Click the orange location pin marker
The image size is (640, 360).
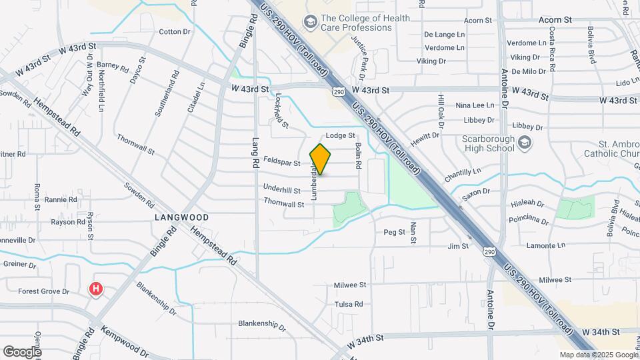(x=321, y=159)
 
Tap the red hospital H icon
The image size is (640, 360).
(x=97, y=289)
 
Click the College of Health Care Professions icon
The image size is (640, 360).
(x=310, y=23)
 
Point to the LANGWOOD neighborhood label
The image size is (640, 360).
(x=182, y=217)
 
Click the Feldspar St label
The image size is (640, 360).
(x=282, y=160)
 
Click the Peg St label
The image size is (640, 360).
(x=395, y=232)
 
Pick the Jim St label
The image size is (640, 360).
(x=458, y=246)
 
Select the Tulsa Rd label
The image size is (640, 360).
(x=349, y=304)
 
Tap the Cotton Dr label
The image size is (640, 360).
(x=175, y=31)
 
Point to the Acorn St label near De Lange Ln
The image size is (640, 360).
(x=477, y=21)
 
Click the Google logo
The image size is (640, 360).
(x=21, y=351)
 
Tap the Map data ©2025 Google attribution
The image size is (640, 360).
(x=599, y=355)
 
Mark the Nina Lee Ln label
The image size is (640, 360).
(x=475, y=105)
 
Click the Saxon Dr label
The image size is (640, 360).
(x=477, y=191)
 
